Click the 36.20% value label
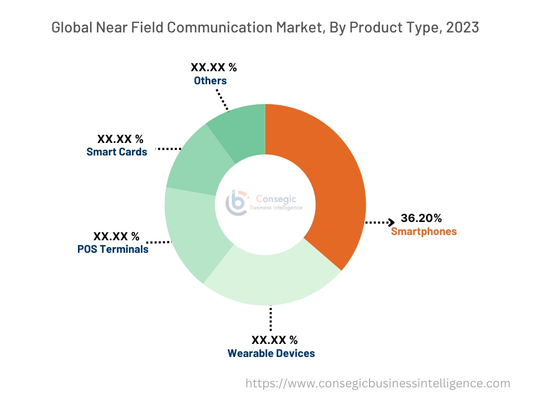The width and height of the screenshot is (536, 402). [x=421, y=218]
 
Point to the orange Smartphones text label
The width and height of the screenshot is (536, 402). [x=423, y=231]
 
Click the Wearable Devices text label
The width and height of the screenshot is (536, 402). [x=271, y=353]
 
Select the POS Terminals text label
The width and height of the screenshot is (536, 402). [x=113, y=249]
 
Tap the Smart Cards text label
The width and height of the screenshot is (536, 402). [x=117, y=152]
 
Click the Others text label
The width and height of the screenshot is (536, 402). [x=210, y=81]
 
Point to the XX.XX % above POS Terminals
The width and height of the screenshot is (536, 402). [x=116, y=237]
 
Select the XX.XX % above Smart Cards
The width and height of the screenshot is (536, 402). [x=120, y=139]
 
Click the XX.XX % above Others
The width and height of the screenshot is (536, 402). [x=214, y=68]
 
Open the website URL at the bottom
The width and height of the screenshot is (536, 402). [x=377, y=383]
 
